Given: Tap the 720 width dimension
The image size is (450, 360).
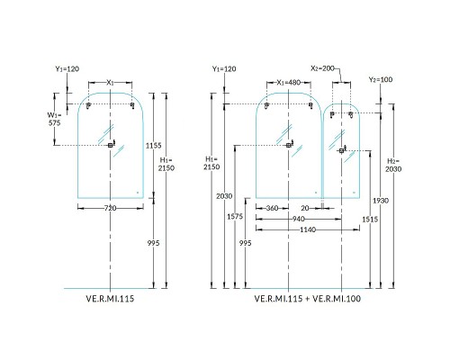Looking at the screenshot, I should pos(110,208).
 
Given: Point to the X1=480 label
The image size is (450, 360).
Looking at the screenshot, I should pos(289,83).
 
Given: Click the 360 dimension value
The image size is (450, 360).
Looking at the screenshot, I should pos(272,208).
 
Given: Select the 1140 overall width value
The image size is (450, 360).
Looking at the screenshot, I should pos(298,229).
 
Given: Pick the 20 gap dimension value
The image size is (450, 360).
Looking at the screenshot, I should pos(306,208).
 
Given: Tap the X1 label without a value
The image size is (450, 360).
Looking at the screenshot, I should pos(110,83).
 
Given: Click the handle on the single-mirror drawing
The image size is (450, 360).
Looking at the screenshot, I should pos(110,145).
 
